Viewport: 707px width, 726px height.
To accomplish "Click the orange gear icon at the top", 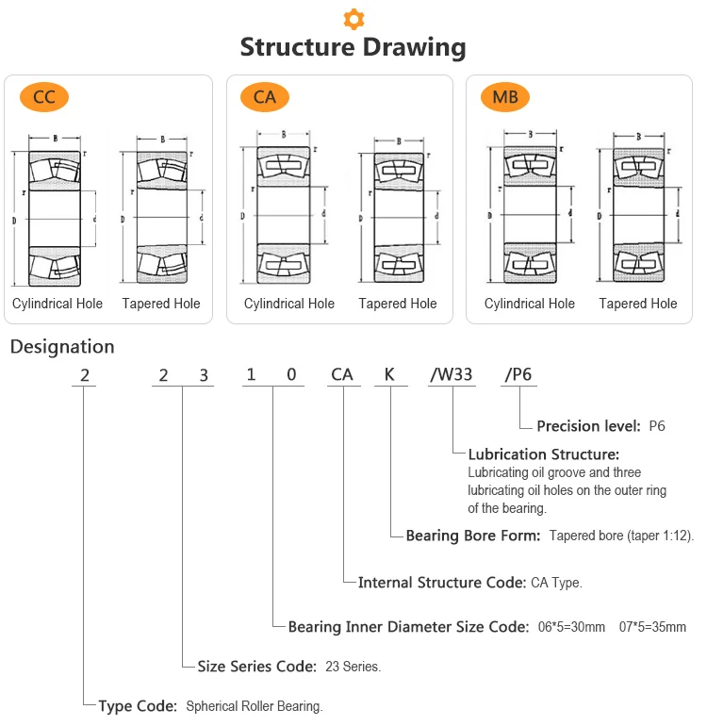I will [x=353, y=18].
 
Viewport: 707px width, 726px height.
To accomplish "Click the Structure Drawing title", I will [x=353, y=47].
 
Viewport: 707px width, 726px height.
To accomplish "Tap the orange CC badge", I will [x=44, y=96].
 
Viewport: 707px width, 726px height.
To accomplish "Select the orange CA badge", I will [x=265, y=96].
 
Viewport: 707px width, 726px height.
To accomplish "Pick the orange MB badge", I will [x=505, y=96].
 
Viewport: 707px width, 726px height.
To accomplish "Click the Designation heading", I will [x=62, y=347].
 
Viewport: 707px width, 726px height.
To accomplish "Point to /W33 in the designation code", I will [x=452, y=374].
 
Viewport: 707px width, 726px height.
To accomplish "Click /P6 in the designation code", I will [x=518, y=374].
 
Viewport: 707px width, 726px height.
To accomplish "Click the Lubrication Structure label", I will [x=544, y=454].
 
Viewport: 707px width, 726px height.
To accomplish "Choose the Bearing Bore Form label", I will [x=473, y=536].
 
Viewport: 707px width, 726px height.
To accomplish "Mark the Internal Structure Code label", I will [x=441, y=583].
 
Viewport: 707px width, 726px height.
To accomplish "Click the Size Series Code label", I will [x=256, y=667].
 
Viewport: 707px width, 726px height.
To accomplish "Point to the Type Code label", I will [x=138, y=705].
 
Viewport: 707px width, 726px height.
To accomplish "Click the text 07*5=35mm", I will [x=652, y=627].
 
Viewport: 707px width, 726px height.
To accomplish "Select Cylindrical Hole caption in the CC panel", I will [x=58, y=304].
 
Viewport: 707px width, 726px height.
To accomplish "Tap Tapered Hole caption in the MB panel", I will [x=638, y=304].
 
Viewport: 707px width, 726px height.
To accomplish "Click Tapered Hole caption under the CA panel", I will [x=398, y=304].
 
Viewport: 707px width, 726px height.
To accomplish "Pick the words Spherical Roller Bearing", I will [x=255, y=706].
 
